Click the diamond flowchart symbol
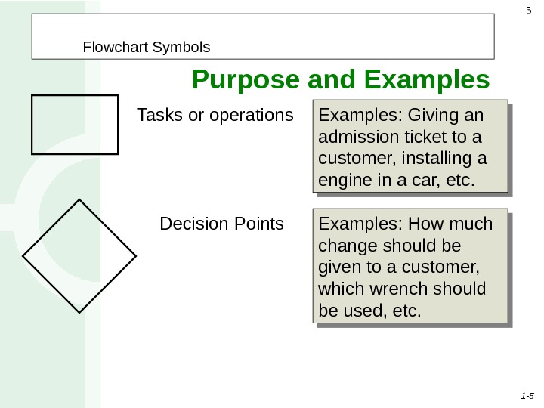pyautogui.click(x=79, y=255)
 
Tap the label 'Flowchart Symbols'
pyautogui.click(x=147, y=48)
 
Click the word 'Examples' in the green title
pyautogui.click(x=427, y=79)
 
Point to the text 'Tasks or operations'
pyautogui.click(x=215, y=116)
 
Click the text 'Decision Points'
pyautogui.click(x=222, y=224)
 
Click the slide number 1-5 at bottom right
pyautogui.click(x=527, y=395)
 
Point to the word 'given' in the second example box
pyautogui.click(x=340, y=268)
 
